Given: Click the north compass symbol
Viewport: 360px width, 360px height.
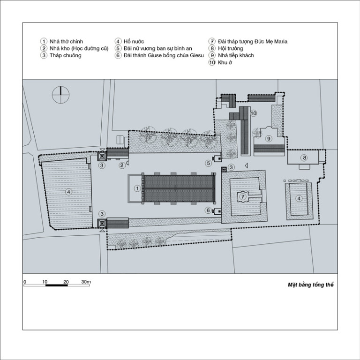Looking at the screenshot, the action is [60, 95].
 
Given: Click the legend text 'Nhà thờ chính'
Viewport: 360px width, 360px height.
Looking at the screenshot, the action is [67, 42].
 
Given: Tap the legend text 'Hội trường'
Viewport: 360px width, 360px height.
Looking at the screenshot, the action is [230, 48].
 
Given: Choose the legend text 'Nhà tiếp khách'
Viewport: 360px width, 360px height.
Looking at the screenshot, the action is [236, 55].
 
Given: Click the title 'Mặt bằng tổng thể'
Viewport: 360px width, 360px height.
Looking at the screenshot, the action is [310, 285].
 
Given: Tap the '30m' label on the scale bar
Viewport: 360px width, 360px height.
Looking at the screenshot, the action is [86, 282].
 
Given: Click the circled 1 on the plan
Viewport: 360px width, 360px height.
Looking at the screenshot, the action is [137, 189].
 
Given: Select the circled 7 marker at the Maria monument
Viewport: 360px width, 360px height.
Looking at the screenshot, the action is [243, 196].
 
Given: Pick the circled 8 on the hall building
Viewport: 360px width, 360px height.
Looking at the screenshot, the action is [304, 157].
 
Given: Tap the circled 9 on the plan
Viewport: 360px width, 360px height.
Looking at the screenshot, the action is [269, 138].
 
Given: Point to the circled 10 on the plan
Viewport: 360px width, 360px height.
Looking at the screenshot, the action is [253, 113].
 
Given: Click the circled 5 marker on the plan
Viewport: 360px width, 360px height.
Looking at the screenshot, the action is [208, 163].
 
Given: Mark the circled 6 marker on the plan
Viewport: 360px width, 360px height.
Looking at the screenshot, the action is [208, 210].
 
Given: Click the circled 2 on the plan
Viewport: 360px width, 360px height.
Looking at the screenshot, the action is [122, 165].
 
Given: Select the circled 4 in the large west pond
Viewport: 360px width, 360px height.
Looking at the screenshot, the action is [68, 192].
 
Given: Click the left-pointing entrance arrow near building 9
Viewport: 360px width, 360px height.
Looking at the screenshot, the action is [246, 165].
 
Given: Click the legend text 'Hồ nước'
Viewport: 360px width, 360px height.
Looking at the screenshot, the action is [134, 42].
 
